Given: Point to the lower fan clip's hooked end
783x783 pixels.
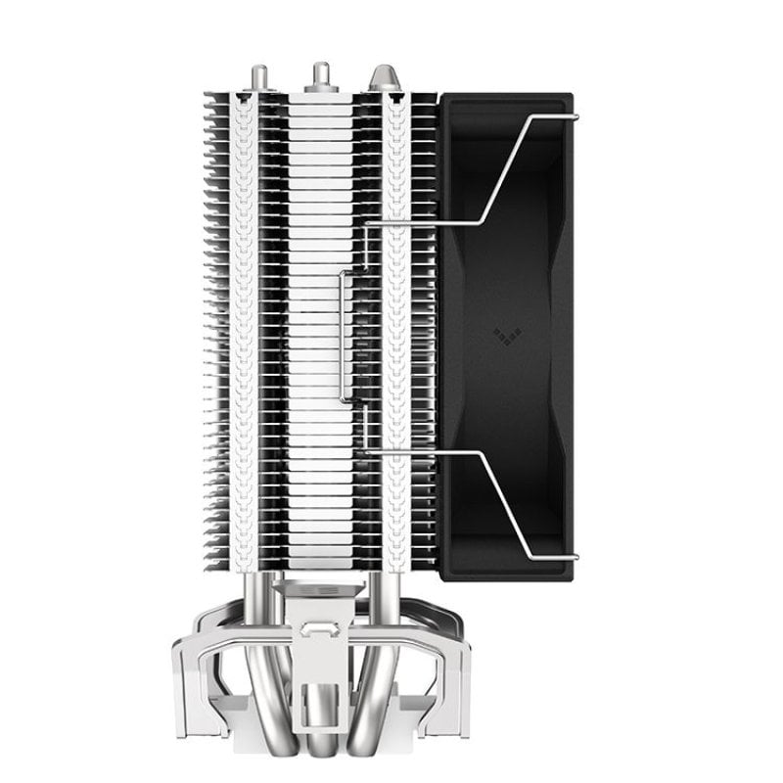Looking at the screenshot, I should coord(573,558).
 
